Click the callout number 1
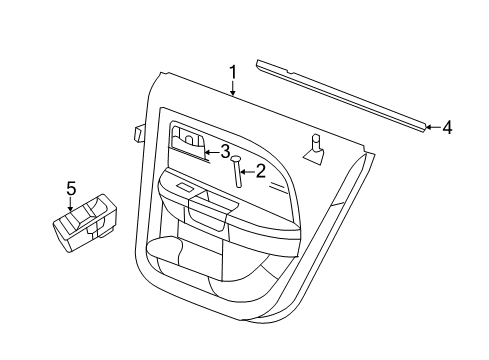pos(232,72)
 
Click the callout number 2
pos(261,171)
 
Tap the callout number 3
pos(225,151)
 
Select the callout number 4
pos(447,127)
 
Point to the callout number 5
pos(71,187)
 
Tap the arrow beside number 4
pos(431,127)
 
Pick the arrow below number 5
pos(71,206)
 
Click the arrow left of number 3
pos(209,152)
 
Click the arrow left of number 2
pos(246,172)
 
